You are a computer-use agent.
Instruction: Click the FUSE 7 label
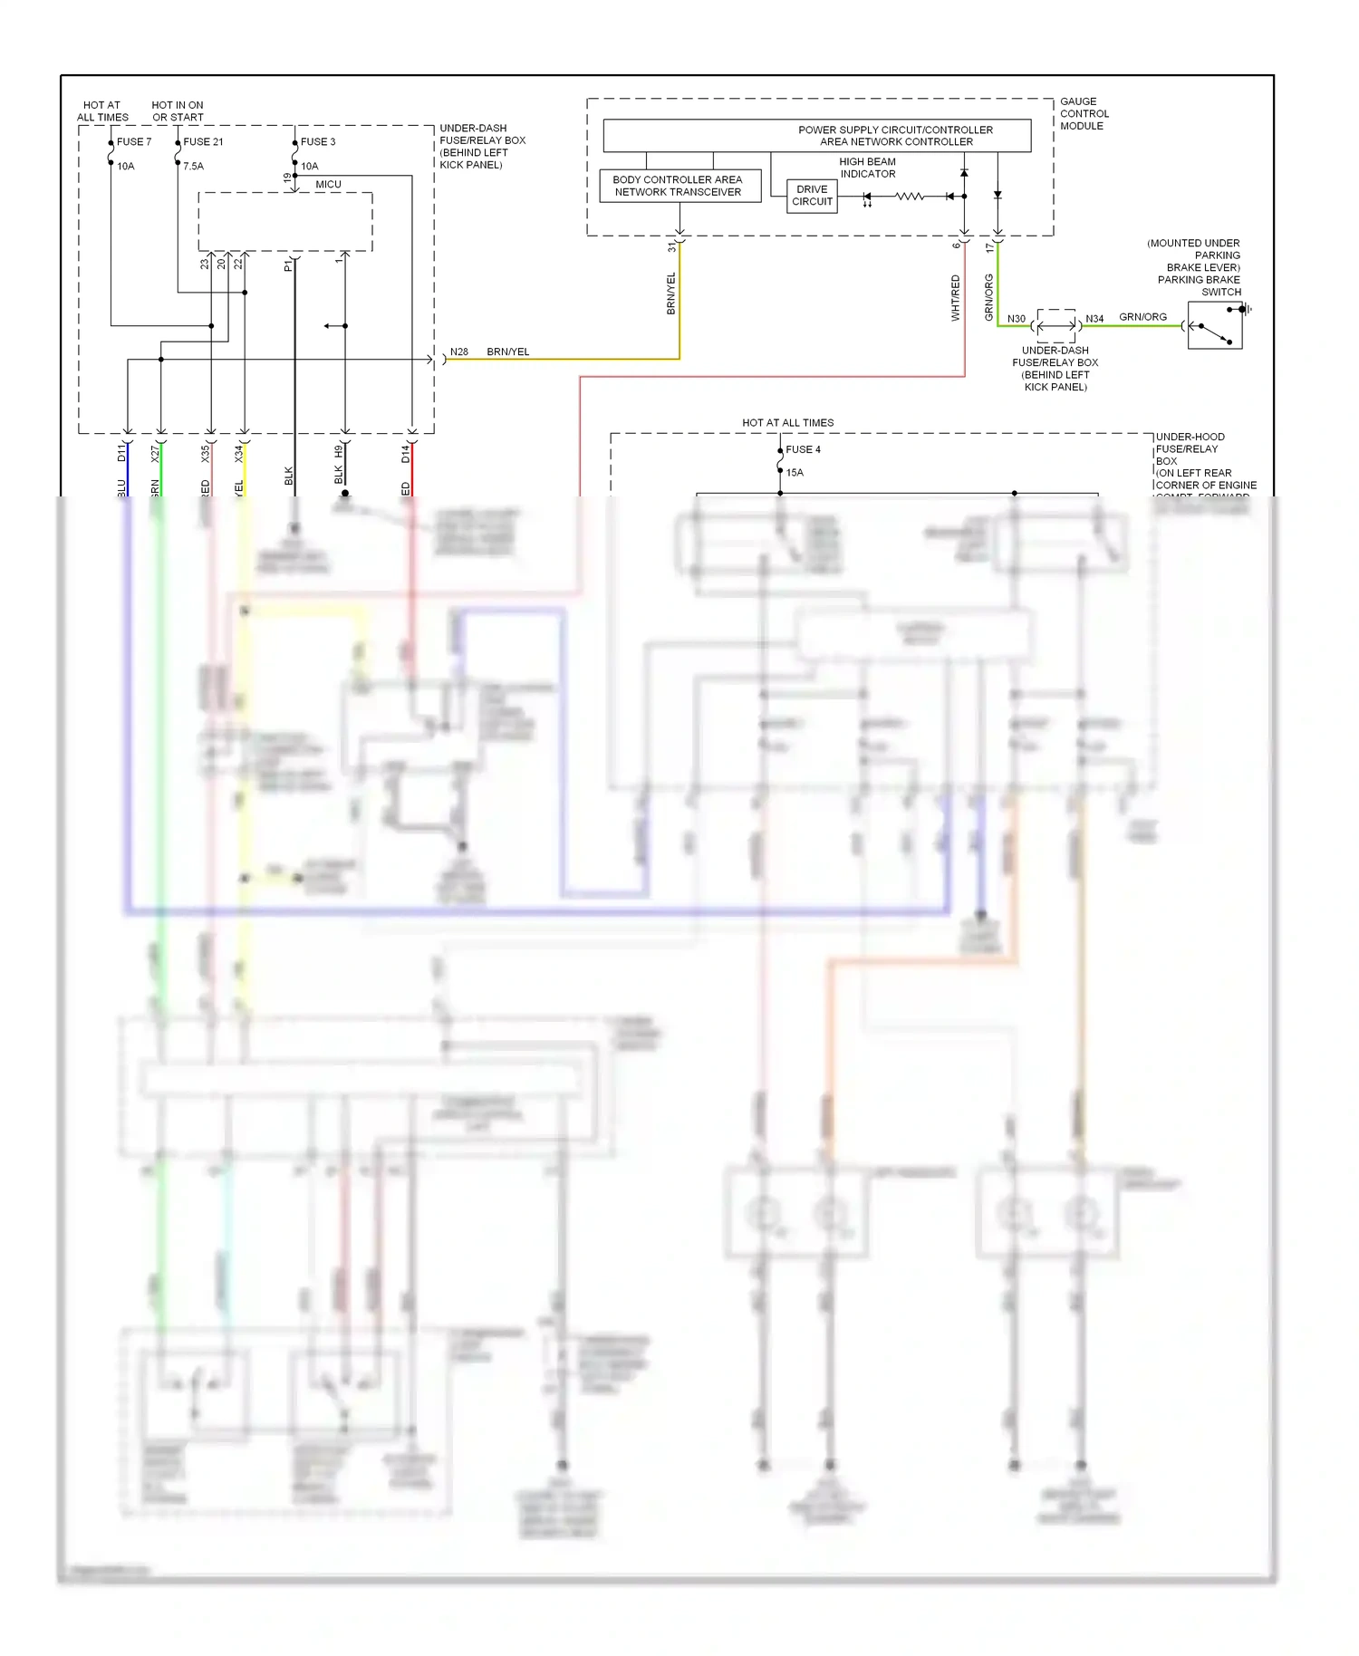click(134, 142)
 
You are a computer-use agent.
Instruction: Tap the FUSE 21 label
click(203, 142)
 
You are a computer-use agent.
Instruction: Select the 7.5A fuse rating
click(193, 167)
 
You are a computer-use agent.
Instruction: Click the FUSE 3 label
click(318, 142)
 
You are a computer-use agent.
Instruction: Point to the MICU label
click(328, 185)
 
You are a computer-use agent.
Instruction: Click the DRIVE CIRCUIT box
click(812, 196)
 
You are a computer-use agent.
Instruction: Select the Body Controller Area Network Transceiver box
click(679, 186)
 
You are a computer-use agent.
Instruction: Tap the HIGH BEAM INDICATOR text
click(867, 168)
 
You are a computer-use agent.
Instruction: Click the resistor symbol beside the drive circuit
click(909, 197)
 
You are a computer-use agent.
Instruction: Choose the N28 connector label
click(459, 352)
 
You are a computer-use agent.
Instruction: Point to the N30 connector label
click(1017, 319)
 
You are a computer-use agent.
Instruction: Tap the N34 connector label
click(1094, 319)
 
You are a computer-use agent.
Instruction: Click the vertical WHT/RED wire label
click(955, 298)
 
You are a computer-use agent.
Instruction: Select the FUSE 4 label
click(803, 449)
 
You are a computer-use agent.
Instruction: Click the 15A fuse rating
click(795, 473)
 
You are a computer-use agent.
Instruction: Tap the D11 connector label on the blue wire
click(121, 453)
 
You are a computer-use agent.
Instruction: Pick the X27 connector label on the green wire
click(155, 453)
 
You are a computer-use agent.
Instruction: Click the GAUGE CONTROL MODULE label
click(1084, 114)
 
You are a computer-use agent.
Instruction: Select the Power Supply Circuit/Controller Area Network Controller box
click(816, 136)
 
